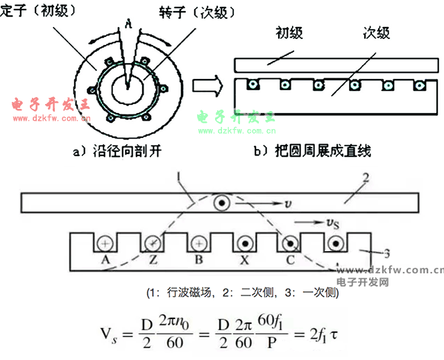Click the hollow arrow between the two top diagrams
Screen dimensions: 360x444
207,87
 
